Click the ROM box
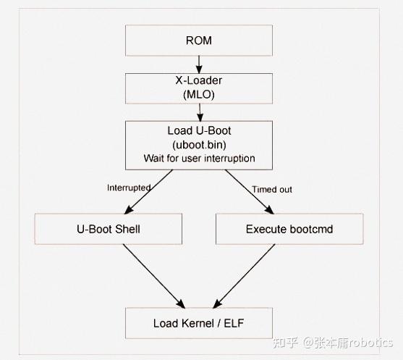[199, 41]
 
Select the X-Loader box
[199, 88]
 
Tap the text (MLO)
[199, 95]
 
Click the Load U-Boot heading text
[199, 132]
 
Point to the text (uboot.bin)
[199, 145]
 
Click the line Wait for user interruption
[199, 158]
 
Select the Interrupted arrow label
[128, 188]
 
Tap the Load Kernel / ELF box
[199, 322]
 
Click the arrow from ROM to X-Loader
[199, 64]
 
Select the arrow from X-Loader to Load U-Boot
[199, 112]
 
